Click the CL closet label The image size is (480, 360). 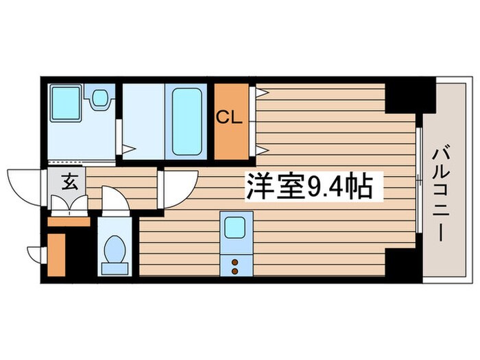(229, 117)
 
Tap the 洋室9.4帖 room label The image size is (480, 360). (309, 185)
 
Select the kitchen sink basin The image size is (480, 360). (237, 226)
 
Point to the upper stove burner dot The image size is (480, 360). (235, 261)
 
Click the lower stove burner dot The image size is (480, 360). (235, 271)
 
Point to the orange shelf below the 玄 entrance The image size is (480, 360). (69, 221)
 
